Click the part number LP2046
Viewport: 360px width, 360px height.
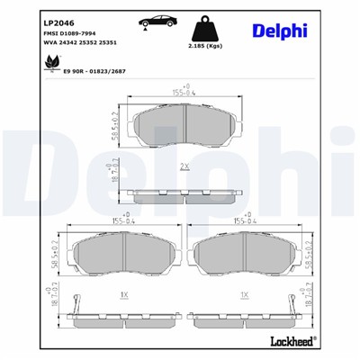(33, 22)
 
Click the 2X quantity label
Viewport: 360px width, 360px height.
(184, 167)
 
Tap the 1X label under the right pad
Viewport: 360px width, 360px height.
(245, 294)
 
